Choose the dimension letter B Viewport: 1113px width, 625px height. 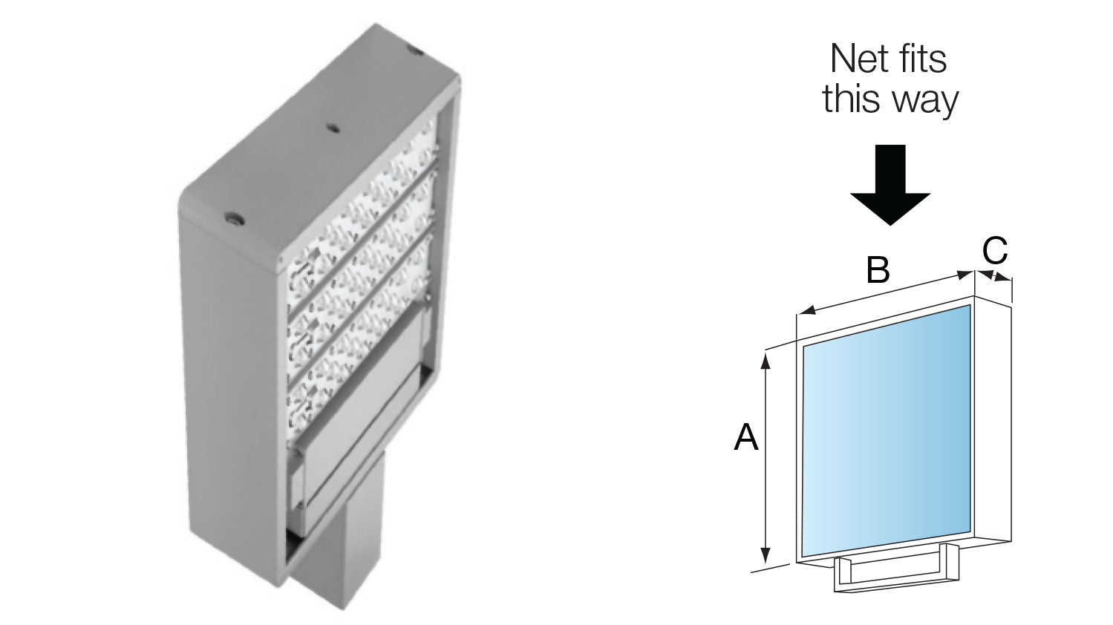878,270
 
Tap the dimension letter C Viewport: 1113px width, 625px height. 995,251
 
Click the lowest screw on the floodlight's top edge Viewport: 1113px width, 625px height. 235,219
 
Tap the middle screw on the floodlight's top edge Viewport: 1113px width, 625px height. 333,128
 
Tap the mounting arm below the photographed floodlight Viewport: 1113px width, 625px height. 349,534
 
